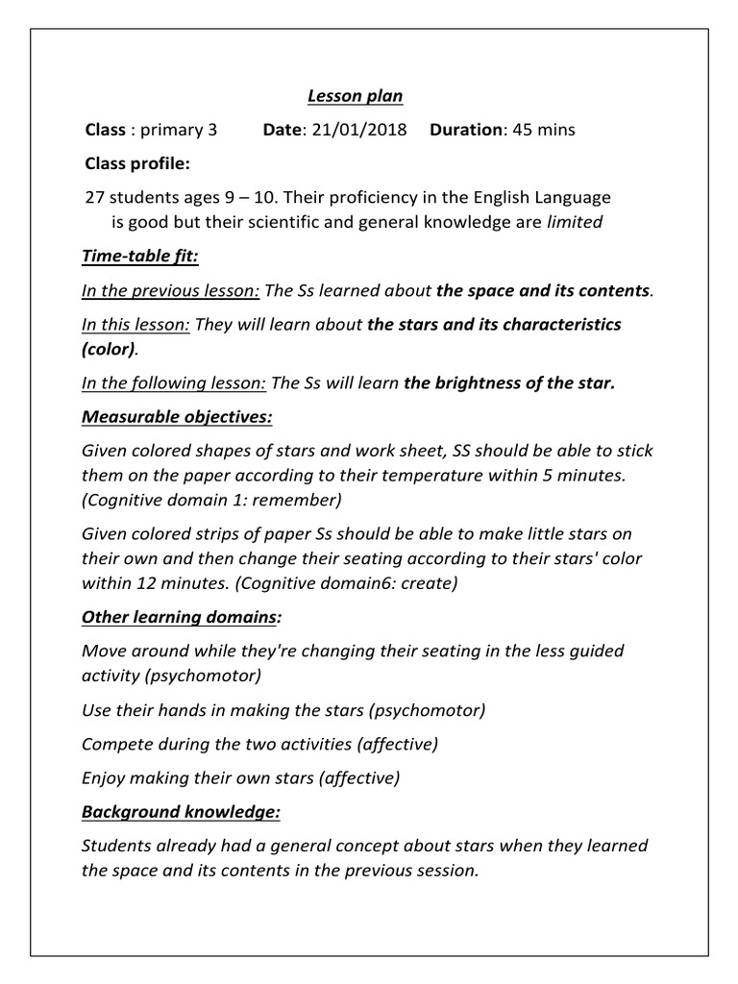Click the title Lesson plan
tap(355, 96)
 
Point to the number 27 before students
tap(94, 198)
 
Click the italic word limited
tap(575, 222)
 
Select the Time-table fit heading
tap(139, 257)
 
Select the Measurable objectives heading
tap(178, 418)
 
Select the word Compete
tap(115, 743)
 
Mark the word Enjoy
tap(104, 777)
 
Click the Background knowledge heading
tap(181, 812)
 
